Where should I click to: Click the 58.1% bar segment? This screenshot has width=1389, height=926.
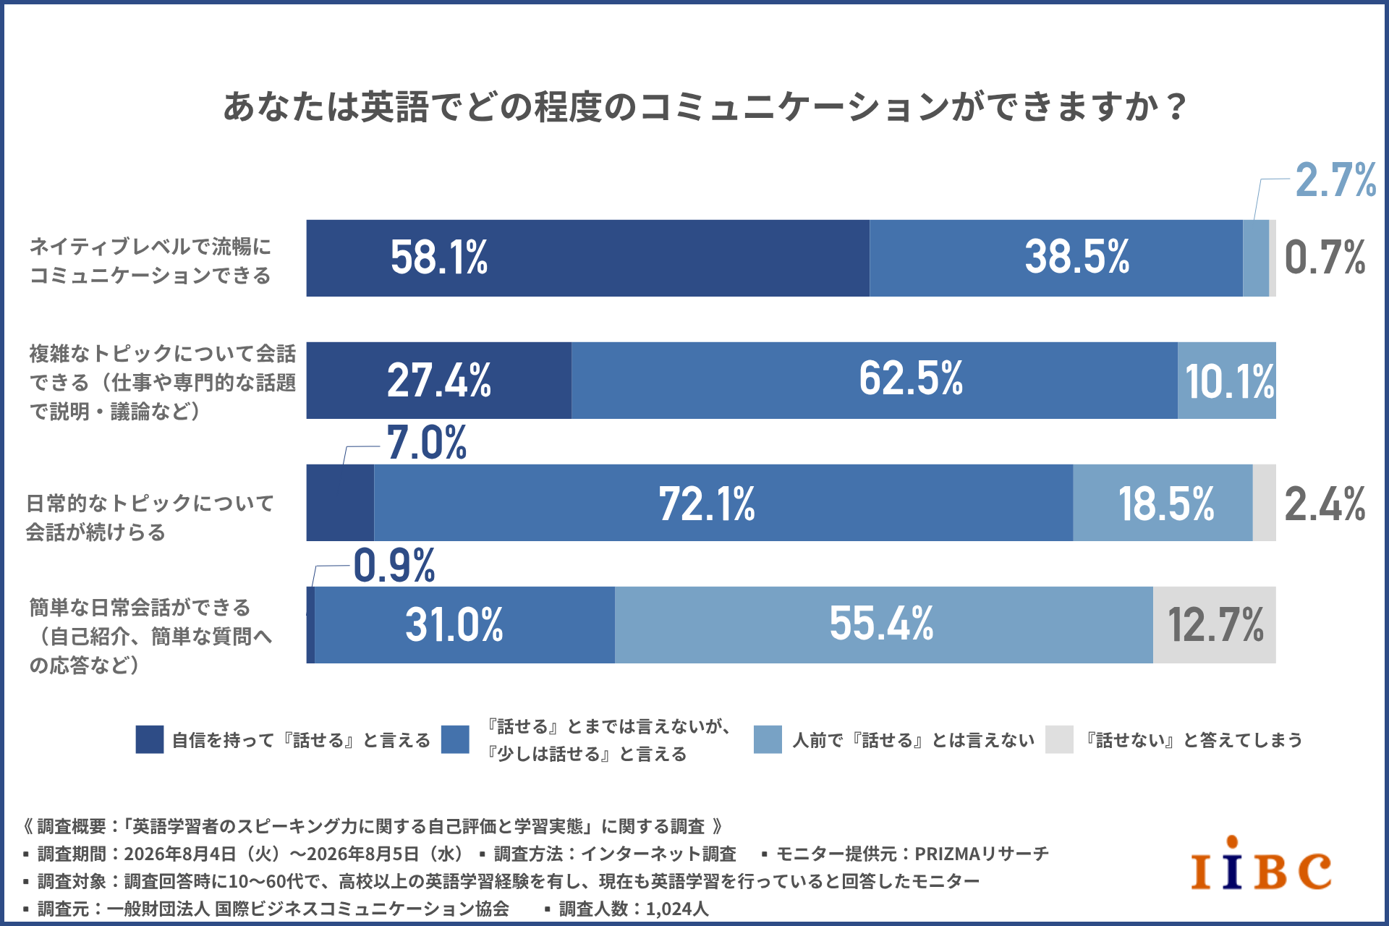[587, 258]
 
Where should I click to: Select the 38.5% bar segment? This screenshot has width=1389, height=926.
[1056, 258]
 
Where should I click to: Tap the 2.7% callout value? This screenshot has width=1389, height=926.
[1335, 179]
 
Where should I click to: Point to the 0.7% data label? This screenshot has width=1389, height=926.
[1325, 258]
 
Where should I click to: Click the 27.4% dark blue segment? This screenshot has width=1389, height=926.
[439, 381]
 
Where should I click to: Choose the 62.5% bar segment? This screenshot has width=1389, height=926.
[875, 381]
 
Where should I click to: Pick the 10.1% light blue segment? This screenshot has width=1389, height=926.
[1227, 381]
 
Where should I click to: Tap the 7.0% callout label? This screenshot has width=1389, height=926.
[427, 443]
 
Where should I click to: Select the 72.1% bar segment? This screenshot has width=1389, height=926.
[723, 503]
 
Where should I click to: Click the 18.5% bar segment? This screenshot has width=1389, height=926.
[1163, 503]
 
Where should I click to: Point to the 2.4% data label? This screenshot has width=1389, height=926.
[1325, 504]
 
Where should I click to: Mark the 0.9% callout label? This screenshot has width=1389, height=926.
[394, 565]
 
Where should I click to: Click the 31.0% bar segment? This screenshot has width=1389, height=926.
[464, 625]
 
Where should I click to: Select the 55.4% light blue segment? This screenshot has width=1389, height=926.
[884, 625]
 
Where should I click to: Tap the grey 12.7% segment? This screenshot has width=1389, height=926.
[1215, 625]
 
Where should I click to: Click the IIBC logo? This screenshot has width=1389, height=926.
[1261, 864]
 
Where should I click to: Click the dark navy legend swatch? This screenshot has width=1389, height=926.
[150, 739]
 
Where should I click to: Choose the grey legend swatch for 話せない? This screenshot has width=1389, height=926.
[1059, 739]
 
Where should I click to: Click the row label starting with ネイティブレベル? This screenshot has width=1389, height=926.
[150, 260]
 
